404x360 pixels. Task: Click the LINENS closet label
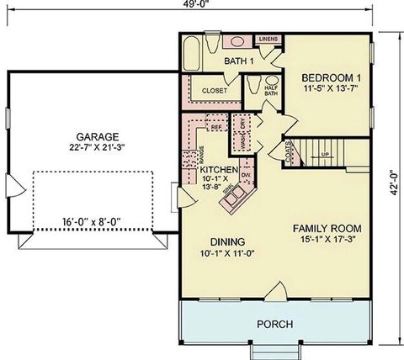pyautogui.click(x=268, y=40)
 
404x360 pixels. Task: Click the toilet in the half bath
pyautogui.click(x=253, y=85)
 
